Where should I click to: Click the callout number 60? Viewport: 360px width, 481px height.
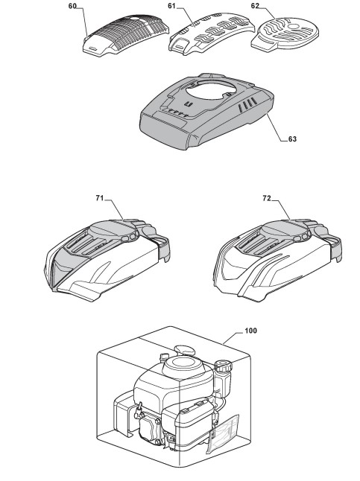[x=72, y=6]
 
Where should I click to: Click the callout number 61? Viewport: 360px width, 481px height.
[x=171, y=6]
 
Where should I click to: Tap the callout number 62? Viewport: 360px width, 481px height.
[x=255, y=6]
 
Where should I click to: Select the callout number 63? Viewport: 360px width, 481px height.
[x=292, y=139]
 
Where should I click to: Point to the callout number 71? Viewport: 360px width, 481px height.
[x=100, y=198]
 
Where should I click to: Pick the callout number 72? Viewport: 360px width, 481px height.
[x=267, y=199]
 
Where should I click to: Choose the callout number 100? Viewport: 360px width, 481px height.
[x=250, y=331]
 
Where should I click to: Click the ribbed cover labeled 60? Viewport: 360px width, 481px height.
[x=126, y=34]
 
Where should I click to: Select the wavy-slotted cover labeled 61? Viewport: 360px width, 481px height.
[x=212, y=34]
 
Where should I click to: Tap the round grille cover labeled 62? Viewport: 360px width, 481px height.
[x=285, y=34]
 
